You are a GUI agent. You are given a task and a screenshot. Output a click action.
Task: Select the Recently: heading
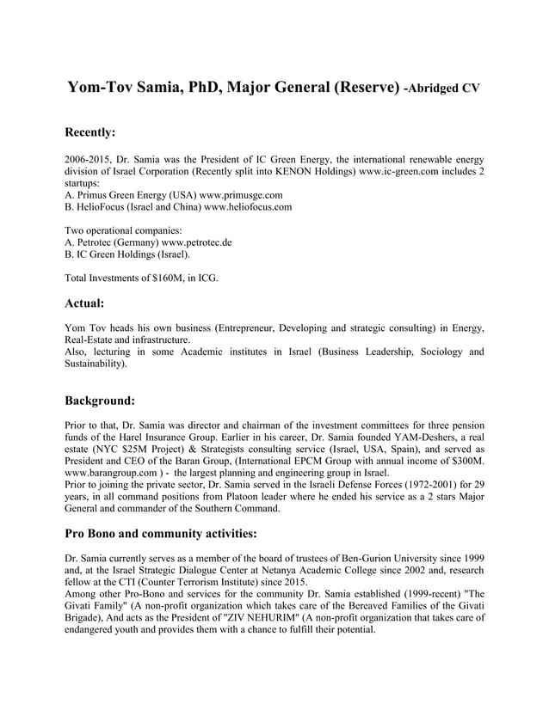(x=90, y=132)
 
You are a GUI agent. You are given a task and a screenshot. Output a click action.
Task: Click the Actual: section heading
(x=84, y=303)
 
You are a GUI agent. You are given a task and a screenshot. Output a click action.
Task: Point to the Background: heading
(x=100, y=400)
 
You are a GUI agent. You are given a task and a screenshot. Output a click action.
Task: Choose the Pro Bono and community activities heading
(x=160, y=533)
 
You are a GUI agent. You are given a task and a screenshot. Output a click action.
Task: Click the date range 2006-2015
(x=90, y=159)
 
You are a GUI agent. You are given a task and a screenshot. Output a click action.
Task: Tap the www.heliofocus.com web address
(x=248, y=207)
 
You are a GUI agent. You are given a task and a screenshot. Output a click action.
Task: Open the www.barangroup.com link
(x=112, y=473)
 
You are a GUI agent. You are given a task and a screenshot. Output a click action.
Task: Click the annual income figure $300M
(x=466, y=461)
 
